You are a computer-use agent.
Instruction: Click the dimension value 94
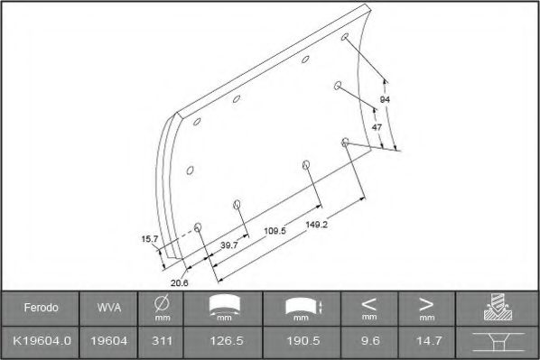click(385, 98)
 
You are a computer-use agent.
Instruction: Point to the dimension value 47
click(377, 127)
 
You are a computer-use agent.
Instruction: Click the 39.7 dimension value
click(228, 245)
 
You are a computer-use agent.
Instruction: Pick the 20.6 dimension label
click(180, 283)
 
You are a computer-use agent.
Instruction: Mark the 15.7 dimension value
click(150, 239)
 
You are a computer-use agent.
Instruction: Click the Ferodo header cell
click(42, 308)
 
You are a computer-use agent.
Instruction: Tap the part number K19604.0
click(42, 341)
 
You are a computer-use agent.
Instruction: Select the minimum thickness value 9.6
click(368, 341)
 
